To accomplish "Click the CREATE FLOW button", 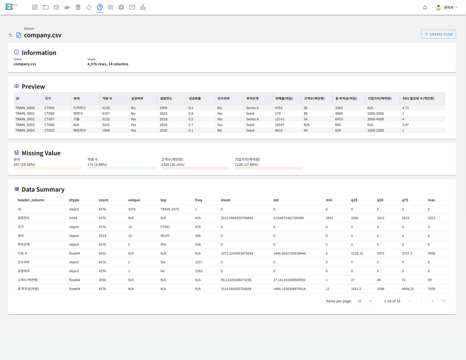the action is (x=438, y=34).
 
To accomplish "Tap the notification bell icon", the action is (x=425, y=8).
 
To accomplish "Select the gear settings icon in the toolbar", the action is (x=121, y=7).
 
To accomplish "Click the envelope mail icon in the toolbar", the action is (x=132, y=7).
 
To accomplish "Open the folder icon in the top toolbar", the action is (x=46, y=7).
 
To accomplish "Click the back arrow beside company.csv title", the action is (x=10, y=35).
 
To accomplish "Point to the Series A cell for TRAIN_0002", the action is (x=253, y=119).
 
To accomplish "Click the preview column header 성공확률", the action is (x=195, y=98).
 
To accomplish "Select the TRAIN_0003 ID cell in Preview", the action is (x=25, y=125).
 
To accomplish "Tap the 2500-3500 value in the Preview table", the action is (x=375, y=113).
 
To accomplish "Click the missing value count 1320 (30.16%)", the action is (x=173, y=165).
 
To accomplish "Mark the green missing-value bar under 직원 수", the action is (x=121, y=168).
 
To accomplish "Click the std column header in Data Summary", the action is (x=276, y=200).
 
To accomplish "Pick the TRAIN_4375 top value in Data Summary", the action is (x=170, y=209).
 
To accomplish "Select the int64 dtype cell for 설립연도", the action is (x=73, y=218).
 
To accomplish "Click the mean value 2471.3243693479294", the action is (x=237, y=253).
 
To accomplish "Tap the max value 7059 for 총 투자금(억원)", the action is (x=431, y=289).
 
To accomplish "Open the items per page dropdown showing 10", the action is (x=365, y=301).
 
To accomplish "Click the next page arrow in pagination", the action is (x=432, y=301).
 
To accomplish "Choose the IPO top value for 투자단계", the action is (x=163, y=245).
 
